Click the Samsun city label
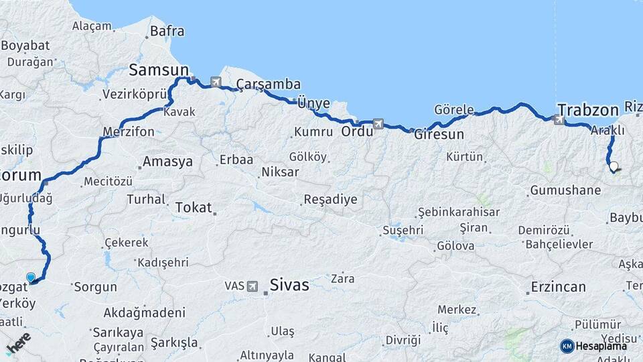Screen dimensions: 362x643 point(158,69)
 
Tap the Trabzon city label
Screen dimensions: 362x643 point(587,111)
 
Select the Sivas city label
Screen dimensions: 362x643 point(289,286)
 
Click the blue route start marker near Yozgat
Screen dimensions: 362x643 point(30,277)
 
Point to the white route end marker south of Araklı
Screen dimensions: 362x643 point(613,166)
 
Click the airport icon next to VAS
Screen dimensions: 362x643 point(253,286)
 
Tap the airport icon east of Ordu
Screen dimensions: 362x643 point(378,123)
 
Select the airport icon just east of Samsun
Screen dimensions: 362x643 point(216,82)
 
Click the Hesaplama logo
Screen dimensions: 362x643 point(593,346)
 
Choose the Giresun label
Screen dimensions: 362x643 point(439,134)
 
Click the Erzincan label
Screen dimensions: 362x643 point(558,287)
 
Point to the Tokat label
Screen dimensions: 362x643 point(193,208)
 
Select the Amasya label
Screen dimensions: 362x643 point(167,162)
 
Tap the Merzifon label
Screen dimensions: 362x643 point(129,131)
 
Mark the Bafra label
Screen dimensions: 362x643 point(167,31)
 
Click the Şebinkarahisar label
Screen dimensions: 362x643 point(458,212)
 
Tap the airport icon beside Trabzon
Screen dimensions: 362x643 point(559,119)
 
